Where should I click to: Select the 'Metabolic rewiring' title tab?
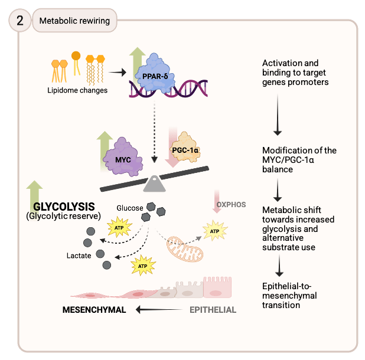[x=74, y=21]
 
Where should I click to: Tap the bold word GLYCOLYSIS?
[x=64, y=207]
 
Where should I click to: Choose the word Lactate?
[x=79, y=256]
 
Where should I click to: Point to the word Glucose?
[x=129, y=208]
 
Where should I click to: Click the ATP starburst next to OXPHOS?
[x=214, y=230]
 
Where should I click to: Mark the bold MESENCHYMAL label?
[x=94, y=309]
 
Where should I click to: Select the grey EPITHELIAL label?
[x=213, y=309]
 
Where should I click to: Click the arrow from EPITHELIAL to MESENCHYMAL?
[x=159, y=309]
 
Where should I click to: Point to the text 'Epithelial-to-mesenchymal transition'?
[x=289, y=294]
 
